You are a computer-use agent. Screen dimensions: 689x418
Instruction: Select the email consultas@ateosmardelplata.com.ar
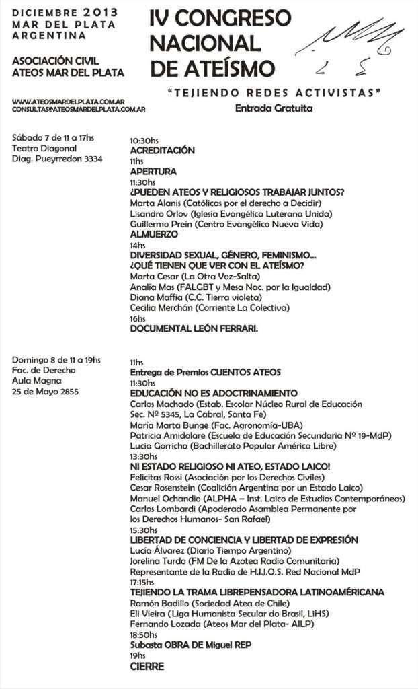point(79,108)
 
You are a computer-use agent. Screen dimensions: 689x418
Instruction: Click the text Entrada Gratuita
point(274,108)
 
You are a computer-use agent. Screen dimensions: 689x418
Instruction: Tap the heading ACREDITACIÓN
point(162,151)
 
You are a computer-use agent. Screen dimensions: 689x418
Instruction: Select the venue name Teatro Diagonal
point(44,149)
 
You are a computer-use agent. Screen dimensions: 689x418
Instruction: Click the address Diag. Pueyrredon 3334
point(57,159)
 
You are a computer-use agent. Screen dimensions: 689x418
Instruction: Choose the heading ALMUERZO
point(154,235)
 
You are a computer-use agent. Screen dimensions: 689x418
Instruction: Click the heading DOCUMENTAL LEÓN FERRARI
point(194,329)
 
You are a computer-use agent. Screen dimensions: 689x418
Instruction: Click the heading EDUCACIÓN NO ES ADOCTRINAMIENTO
point(214,393)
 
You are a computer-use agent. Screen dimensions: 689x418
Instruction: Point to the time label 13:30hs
point(144,456)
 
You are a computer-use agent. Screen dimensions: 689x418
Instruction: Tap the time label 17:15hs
point(142,582)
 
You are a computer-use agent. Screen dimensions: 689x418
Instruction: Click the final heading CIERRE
point(147,666)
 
